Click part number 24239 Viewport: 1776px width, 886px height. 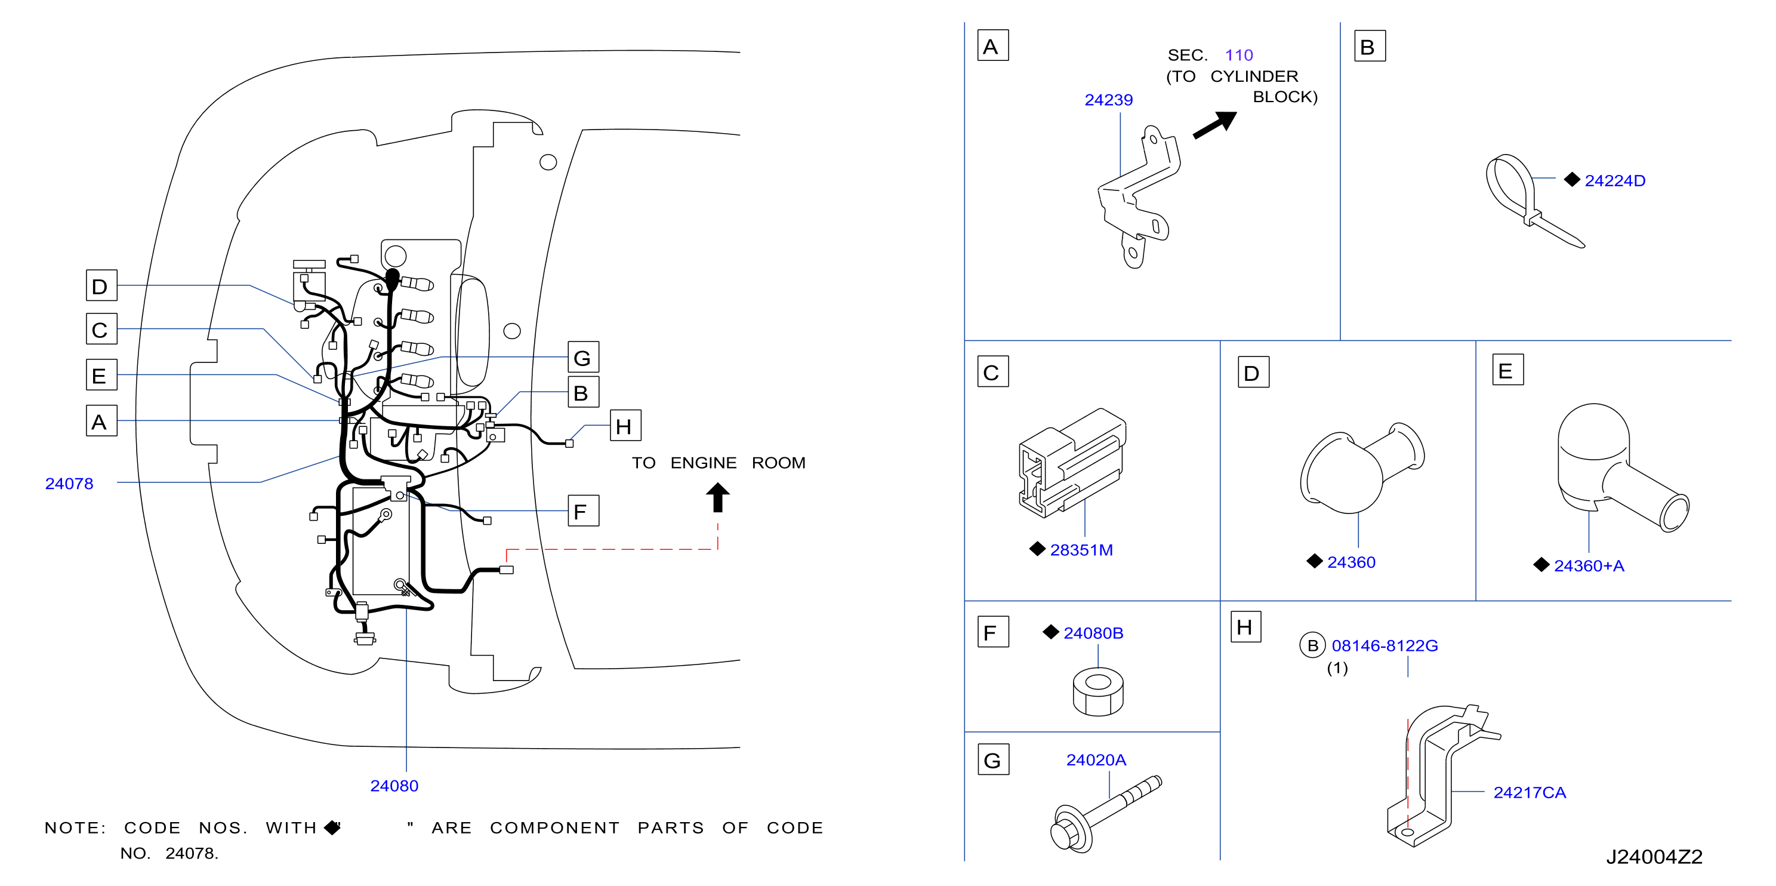[x=1108, y=100]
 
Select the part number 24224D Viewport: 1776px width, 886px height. [x=1615, y=181]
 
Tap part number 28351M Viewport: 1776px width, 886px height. [x=1081, y=549]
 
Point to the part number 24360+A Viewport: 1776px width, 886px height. [x=1589, y=565]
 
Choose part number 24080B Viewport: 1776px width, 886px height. [x=1093, y=633]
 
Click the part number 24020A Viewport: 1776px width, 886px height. [x=1096, y=760]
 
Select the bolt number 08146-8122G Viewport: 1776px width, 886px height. [x=1385, y=645]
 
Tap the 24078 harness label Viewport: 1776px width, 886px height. [x=69, y=484]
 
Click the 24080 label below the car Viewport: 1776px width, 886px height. [x=394, y=785]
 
